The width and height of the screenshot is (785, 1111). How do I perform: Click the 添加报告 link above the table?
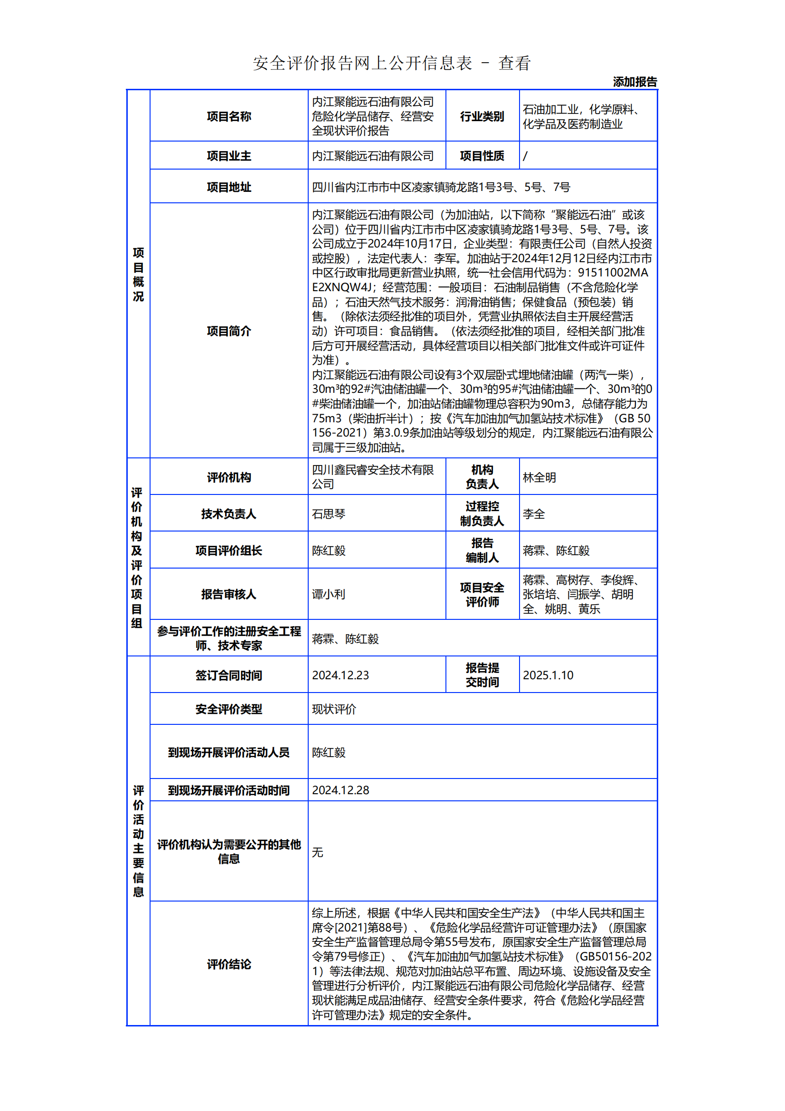[x=634, y=82]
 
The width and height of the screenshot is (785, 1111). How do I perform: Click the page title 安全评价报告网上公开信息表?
[x=362, y=63]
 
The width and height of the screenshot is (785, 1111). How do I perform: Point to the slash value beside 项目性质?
[x=525, y=156]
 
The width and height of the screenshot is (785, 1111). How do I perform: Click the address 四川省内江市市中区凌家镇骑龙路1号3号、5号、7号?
[x=441, y=187]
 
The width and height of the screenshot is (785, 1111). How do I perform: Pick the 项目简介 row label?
[x=229, y=331]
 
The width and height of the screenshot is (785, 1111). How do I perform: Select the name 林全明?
[x=539, y=477]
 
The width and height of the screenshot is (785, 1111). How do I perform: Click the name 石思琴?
[x=329, y=514]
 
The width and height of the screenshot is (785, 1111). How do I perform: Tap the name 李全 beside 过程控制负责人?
[x=533, y=514]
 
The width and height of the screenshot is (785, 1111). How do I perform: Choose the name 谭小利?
[x=329, y=594]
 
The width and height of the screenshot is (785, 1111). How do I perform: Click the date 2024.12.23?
[x=340, y=675]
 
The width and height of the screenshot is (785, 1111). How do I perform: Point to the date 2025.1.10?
[x=548, y=675]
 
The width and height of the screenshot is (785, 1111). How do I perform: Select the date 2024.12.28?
[x=340, y=790]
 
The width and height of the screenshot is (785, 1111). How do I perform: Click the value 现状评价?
[x=334, y=709]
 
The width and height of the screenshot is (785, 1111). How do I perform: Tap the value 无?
[x=317, y=852]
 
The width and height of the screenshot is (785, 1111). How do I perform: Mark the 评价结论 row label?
[x=229, y=964]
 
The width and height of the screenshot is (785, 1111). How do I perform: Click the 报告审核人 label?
[x=229, y=594]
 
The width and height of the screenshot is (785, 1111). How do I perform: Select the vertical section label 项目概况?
[x=138, y=274]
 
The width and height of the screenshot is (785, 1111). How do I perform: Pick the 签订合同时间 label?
[x=229, y=675]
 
